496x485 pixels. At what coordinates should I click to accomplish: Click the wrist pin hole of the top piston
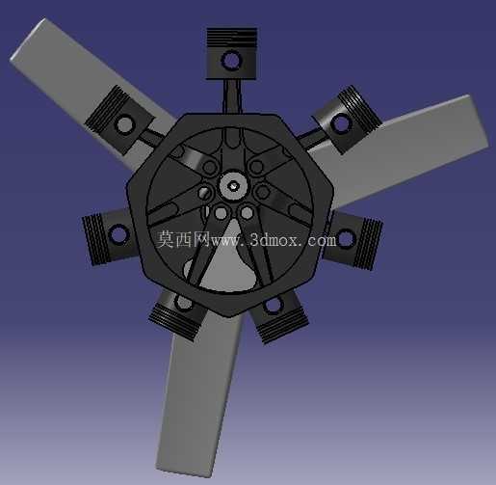[x=232, y=61]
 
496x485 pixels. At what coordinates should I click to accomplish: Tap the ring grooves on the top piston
[x=232, y=39]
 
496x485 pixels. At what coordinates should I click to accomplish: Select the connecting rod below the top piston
[x=232, y=96]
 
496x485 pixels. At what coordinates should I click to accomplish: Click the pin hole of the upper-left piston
[x=125, y=124]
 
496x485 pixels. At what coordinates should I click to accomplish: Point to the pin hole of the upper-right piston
[x=340, y=123]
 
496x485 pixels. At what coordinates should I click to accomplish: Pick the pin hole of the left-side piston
[x=118, y=234]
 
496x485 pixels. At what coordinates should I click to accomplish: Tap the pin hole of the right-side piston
[x=345, y=238]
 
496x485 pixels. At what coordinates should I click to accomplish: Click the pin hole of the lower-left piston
[x=184, y=302]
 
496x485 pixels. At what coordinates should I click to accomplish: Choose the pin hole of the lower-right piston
[x=273, y=304]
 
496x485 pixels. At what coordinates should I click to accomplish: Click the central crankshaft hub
[x=234, y=186]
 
